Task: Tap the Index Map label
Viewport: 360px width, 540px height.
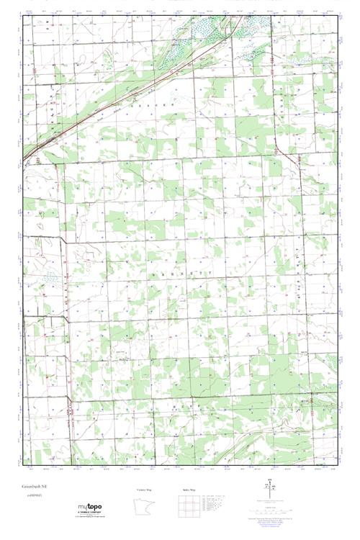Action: click(189, 490)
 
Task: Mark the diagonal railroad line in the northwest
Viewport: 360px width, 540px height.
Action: click(130, 94)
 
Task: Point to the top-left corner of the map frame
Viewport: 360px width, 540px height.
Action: click(23, 15)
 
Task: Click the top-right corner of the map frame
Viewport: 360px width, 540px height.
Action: click(337, 15)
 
